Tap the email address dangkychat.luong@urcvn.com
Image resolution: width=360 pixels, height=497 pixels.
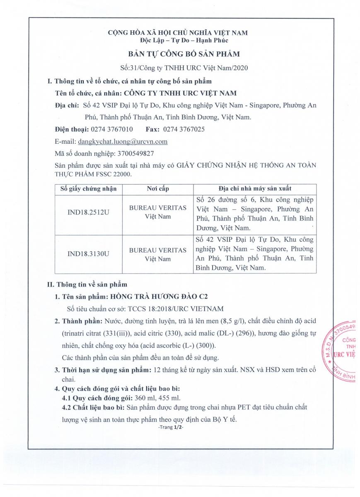coord(123,141)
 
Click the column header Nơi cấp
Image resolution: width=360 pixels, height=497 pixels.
coord(158,189)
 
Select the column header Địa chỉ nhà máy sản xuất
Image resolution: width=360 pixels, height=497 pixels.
coord(254,189)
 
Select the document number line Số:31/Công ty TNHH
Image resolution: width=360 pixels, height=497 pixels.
coord(179,68)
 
